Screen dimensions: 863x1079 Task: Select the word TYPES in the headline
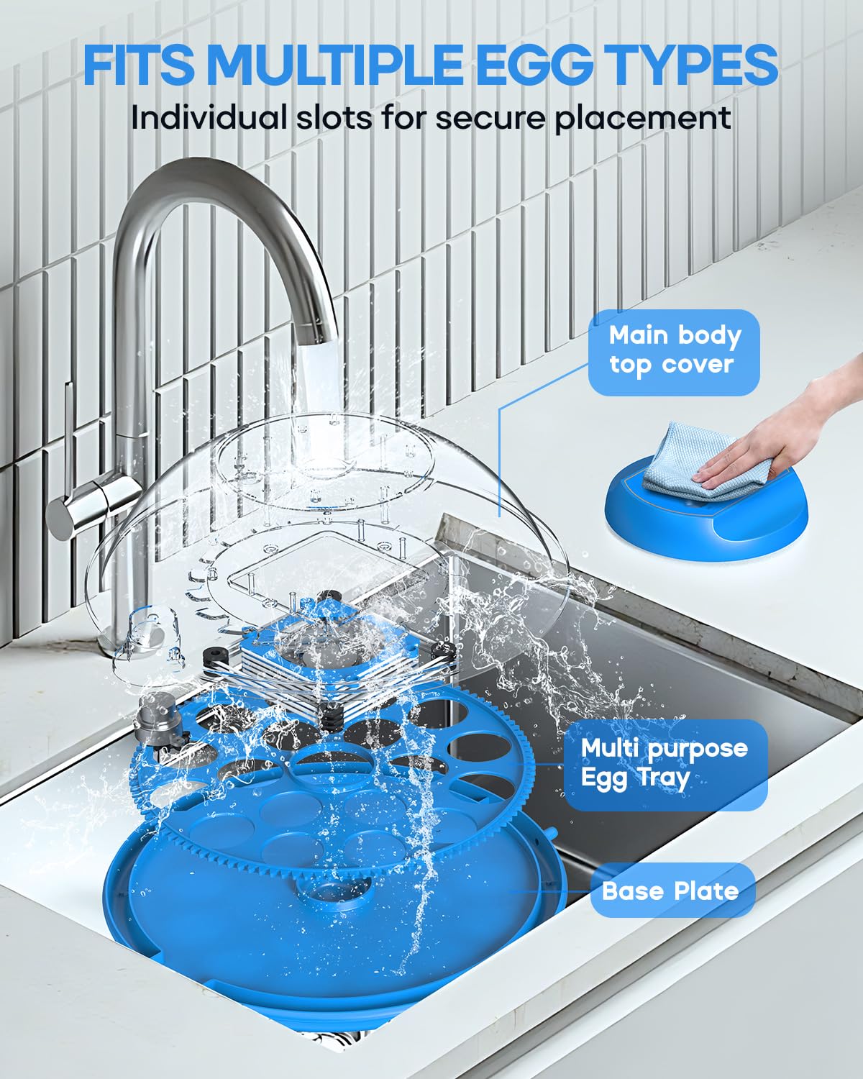(x=695, y=65)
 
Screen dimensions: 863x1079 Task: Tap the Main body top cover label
(x=674, y=352)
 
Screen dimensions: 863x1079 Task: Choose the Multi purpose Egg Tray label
(x=665, y=764)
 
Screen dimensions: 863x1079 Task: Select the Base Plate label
(x=671, y=891)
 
